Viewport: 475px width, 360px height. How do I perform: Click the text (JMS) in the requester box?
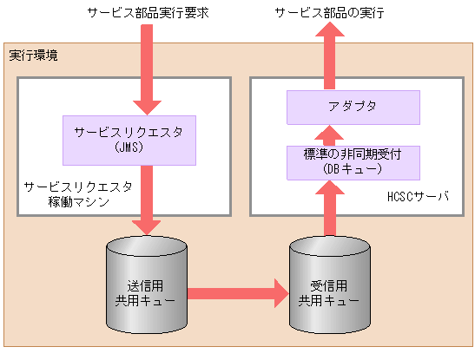[x=128, y=147]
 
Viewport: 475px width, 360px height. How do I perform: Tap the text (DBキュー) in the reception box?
[x=353, y=169]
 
